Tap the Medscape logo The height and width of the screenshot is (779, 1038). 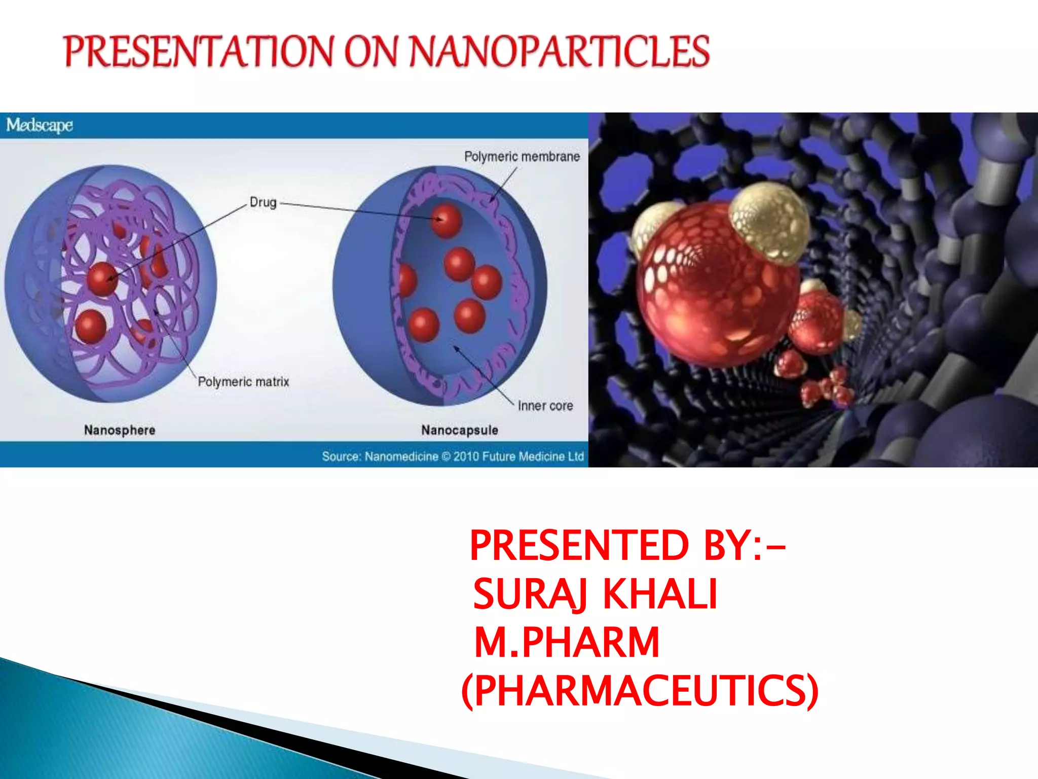(40, 125)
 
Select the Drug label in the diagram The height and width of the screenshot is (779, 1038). (263, 202)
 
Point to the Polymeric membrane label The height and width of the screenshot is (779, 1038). (522, 157)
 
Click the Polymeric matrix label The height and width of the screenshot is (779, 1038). (243, 381)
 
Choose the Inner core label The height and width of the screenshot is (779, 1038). (545, 406)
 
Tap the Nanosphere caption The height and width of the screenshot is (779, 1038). (120, 430)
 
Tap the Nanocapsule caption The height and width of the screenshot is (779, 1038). (460, 430)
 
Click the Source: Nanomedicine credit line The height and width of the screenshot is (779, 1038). (453, 456)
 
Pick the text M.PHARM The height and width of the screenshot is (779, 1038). (566, 642)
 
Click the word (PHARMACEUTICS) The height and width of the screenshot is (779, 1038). (640, 691)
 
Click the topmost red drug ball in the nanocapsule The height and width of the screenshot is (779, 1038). (446, 221)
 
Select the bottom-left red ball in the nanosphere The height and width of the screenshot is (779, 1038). (91, 326)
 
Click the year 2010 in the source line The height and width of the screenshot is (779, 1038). (466, 456)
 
